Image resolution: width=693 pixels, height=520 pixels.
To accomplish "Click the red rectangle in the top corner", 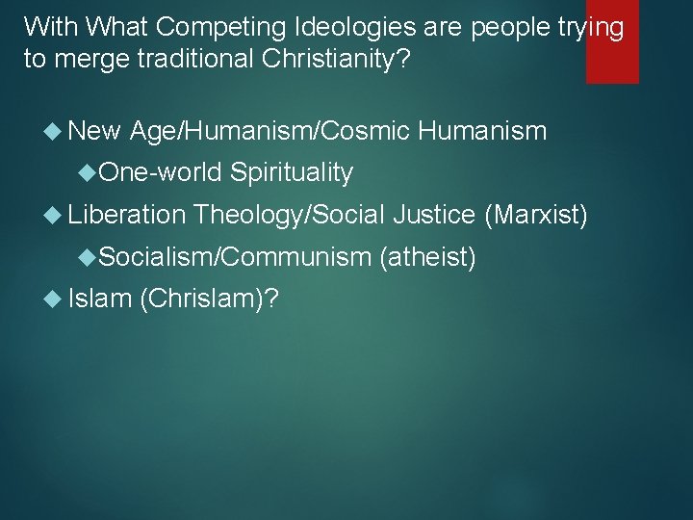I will pyautogui.click(x=612, y=41).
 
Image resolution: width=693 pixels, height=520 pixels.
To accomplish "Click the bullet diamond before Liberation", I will pyautogui.click(x=55, y=215).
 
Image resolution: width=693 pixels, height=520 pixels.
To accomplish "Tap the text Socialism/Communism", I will pyautogui.click(x=235, y=256).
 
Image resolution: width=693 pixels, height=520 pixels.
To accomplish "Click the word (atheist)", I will pyautogui.click(x=428, y=256).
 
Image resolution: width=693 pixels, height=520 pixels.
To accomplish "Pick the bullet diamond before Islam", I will pyautogui.click(x=55, y=299).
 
